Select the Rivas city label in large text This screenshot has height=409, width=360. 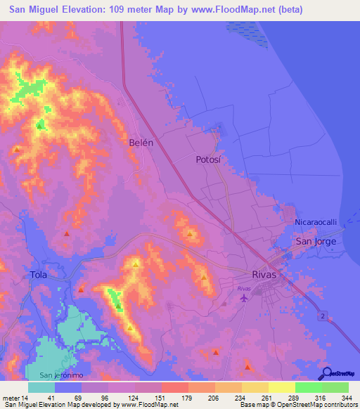[269, 274]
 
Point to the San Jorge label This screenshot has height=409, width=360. [316, 241]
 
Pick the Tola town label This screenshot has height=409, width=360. [39, 275]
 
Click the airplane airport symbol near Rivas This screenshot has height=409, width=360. [244, 299]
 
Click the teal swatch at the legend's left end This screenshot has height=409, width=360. [41, 387]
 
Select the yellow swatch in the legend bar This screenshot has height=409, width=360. [282, 387]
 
